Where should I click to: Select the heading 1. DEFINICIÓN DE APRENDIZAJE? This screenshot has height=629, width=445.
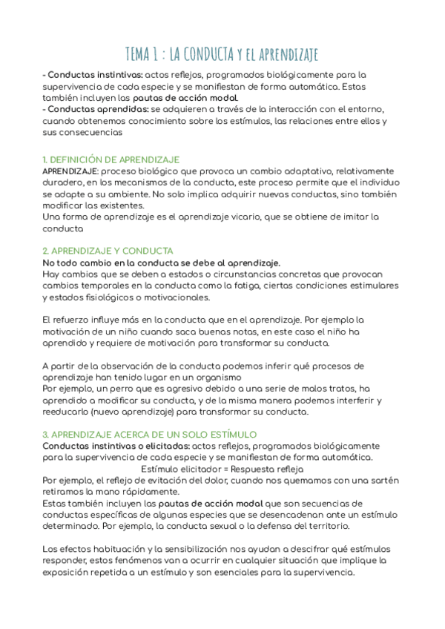(x=111, y=159)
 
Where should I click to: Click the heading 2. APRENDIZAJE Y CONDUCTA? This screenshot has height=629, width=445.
(x=108, y=251)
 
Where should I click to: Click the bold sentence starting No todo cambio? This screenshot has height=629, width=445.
(x=162, y=263)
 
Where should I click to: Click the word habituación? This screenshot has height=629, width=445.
(x=111, y=549)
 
